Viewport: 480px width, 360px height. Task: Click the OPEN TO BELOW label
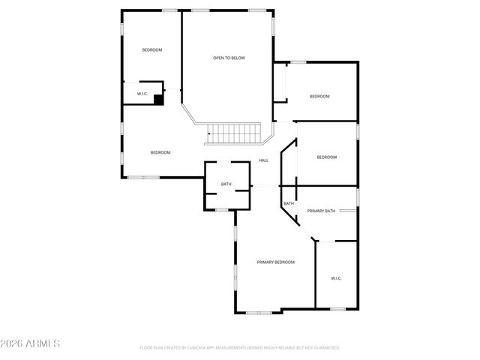click(229, 58)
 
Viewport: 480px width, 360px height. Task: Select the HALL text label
click(263, 160)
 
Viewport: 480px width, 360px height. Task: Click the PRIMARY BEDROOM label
click(275, 262)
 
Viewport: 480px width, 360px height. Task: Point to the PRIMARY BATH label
click(321, 211)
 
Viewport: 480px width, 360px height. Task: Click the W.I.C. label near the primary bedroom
click(336, 278)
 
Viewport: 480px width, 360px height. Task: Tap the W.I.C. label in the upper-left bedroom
click(142, 94)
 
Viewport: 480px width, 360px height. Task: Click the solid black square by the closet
click(158, 98)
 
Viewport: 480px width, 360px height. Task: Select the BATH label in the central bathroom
click(226, 184)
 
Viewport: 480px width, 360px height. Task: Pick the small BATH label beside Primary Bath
click(288, 203)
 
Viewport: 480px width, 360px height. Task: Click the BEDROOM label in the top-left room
click(152, 50)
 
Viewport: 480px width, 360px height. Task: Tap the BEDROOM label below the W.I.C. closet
click(160, 153)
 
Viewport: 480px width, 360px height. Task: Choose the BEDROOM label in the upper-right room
click(320, 96)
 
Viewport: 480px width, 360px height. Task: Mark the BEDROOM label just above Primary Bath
click(326, 157)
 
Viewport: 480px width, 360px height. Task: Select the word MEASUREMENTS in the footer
click(234, 348)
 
